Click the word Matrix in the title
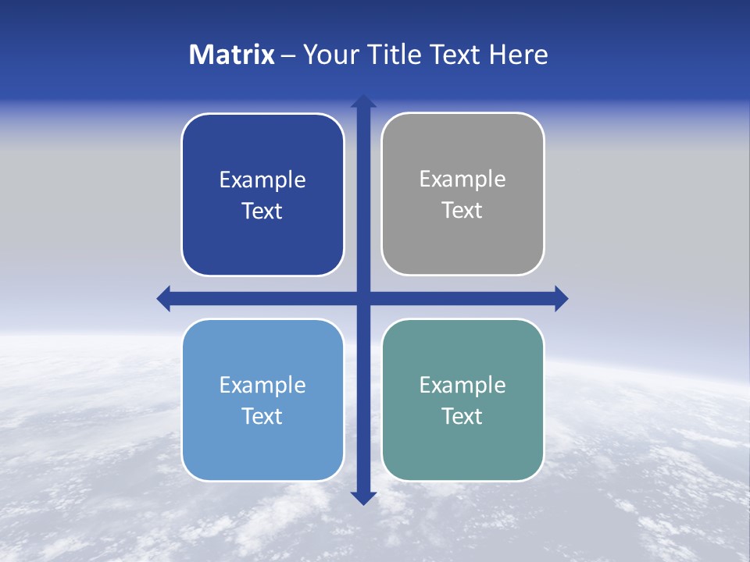point(232,55)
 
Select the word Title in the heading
point(391,55)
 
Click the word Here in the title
point(519,55)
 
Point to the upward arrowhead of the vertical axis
point(363,101)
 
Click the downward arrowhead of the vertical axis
point(363,497)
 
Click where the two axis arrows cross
point(363,298)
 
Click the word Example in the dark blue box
point(262,180)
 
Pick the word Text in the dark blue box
point(262,212)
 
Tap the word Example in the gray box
point(462,180)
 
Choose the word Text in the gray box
point(462,211)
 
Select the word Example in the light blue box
point(262,386)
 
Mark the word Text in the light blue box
point(262,417)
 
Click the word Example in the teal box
point(462,386)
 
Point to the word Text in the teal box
point(462,417)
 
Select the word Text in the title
point(455,55)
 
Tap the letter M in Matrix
point(199,55)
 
